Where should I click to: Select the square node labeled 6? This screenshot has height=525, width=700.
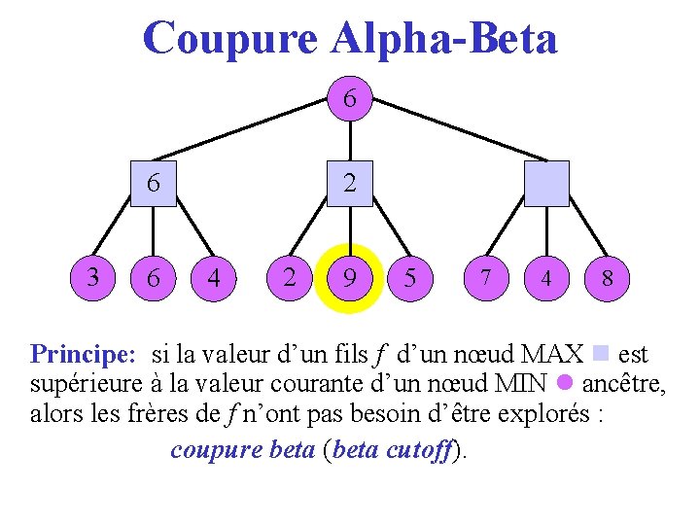click(x=154, y=184)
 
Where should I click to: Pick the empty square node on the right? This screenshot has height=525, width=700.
click(x=545, y=184)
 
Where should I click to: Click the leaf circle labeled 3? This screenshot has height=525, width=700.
click(x=92, y=277)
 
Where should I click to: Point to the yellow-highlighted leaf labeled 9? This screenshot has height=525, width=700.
click(x=349, y=278)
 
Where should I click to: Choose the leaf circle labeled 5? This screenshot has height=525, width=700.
click(x=410, y=278)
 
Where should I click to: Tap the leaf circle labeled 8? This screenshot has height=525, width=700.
click(x=607, y=278)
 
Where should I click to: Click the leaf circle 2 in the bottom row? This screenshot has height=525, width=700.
click(x=289, y=278)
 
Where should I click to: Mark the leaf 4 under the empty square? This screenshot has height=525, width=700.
click(x=545, y=278)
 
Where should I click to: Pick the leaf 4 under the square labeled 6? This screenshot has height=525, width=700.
click(x=215, y=278)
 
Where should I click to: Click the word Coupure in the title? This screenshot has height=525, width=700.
click(x=229, y=39)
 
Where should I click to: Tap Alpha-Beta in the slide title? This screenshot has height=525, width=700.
click(x=444, y=39)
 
